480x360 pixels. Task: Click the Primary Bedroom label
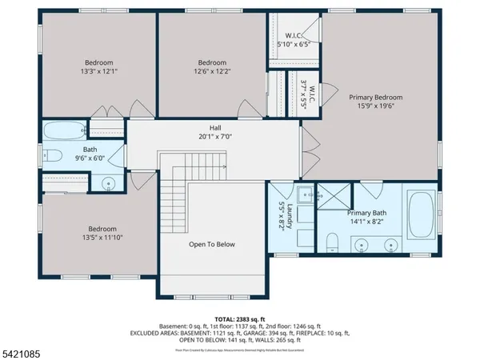point(375,98)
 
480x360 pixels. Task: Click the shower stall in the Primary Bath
point(335,195)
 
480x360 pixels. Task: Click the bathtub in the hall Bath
point(62,131)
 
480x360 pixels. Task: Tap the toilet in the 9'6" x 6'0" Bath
point(51,157)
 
